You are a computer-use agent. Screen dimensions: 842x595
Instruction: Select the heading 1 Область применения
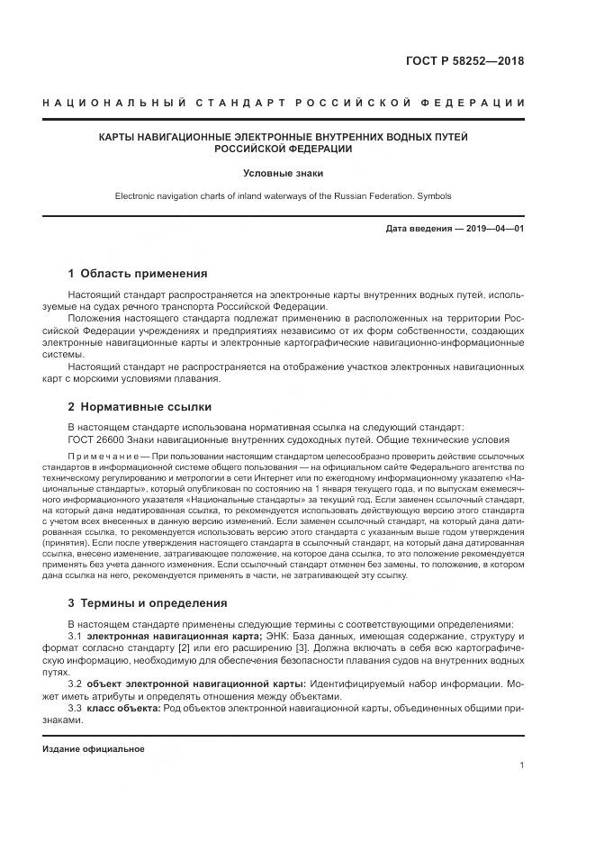(138, 274)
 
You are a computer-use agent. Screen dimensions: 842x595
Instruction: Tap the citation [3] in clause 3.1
(302, 648)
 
